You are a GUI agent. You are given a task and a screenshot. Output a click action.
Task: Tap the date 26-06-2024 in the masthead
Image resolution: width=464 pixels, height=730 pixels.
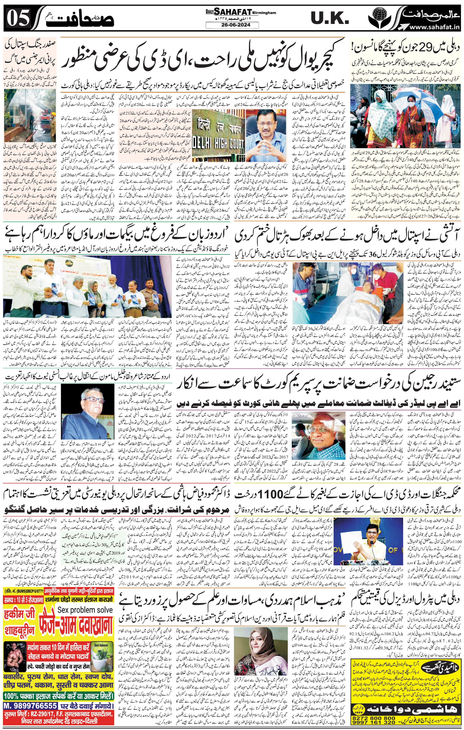[x=232, y=25]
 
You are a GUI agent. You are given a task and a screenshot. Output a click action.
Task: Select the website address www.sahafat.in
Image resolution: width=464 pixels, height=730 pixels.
[x=435, y=28]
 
